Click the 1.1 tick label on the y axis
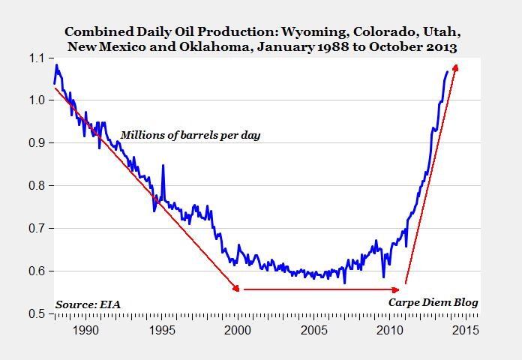(37, 58)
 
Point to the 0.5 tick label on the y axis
(37, 313)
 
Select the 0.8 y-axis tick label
(37, 185)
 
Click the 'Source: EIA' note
(88, 304)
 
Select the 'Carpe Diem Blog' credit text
(433, 302)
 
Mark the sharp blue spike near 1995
(163, 166)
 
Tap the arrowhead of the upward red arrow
(455, 68)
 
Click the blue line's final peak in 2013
(448, 72)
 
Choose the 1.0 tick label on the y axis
(37, 100)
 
